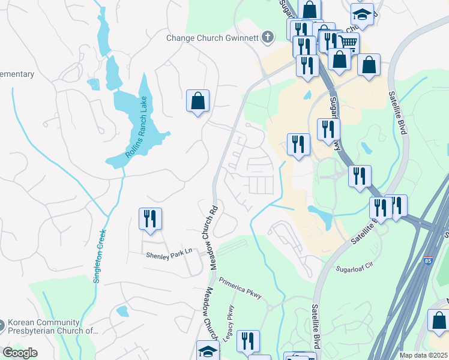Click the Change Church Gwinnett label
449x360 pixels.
point(212,38)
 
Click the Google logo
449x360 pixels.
point(20,353)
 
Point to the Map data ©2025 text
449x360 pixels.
point(424,355)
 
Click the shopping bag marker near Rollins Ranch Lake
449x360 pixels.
point(197,101)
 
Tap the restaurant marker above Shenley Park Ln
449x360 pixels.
point(150,218)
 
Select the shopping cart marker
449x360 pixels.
point(348,42)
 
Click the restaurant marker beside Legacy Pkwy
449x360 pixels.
point(248,341)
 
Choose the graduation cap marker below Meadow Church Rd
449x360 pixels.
point(208,351)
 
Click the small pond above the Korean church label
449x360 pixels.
point(122,311)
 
